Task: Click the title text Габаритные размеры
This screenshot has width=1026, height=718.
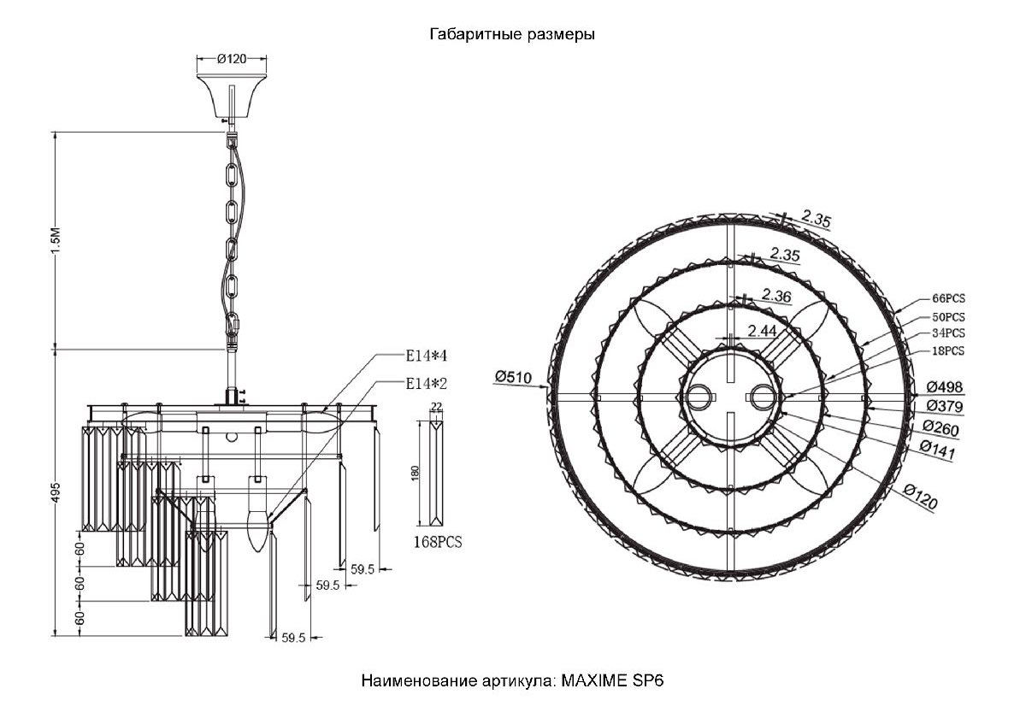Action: tap(512, 35)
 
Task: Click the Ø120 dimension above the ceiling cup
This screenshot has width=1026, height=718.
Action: tap(232, 59)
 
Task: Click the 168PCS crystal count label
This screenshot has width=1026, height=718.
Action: tap(437, 542)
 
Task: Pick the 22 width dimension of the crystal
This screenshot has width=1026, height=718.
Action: tap(436, 408)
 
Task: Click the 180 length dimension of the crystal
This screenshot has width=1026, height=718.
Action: tap(415, 473)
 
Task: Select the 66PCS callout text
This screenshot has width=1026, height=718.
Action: tap(948, 299)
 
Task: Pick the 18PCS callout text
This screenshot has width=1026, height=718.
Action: tap(948, 351)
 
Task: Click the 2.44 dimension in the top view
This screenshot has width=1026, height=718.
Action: tap(763, 330)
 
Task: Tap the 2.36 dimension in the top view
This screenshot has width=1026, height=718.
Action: tap(776, 295)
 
